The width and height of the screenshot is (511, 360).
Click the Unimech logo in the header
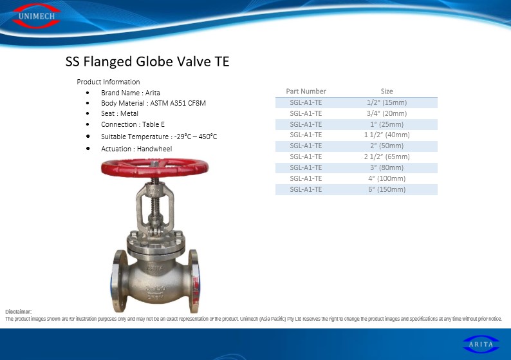36,16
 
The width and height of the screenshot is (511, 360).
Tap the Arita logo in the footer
481,345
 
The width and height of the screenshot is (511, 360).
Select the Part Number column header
306,91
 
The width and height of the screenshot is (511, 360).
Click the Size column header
387,91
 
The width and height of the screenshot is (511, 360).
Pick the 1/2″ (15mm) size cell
387,102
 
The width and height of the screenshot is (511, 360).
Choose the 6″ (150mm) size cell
387,189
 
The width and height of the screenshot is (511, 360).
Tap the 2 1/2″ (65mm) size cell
387,156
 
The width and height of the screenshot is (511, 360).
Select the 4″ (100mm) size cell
387,178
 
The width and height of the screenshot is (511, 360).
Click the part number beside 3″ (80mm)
306,167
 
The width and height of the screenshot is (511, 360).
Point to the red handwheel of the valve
154,167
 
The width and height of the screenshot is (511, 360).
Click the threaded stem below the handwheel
155,200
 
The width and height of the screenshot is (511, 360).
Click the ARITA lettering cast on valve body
155,269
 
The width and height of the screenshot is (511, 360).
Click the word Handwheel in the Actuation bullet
154,149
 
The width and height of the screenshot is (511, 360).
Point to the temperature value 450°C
208,137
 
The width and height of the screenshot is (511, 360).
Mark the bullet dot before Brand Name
88,93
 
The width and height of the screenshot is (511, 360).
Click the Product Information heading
108,82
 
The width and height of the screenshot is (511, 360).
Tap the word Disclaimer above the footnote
19,312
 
